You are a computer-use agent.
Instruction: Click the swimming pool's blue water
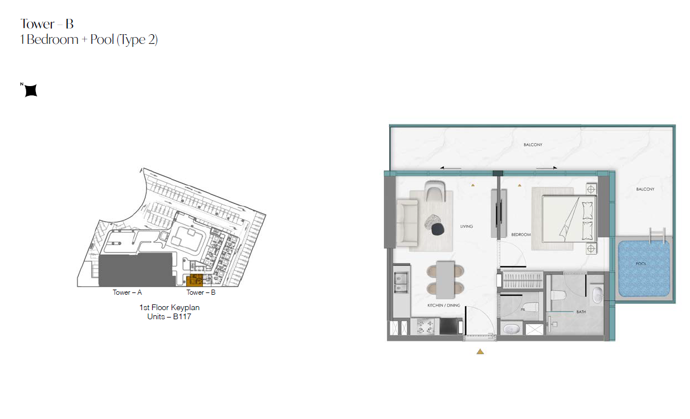(644, 269)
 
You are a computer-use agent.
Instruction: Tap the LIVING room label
(467, 226)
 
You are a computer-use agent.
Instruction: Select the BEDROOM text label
(521, 234)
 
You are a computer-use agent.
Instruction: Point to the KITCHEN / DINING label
(443, 306)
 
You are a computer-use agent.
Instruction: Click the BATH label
(581, 312)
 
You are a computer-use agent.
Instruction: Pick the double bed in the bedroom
(569, 218)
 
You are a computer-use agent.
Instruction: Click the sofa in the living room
(407, 223)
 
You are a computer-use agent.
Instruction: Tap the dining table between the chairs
(446, 280)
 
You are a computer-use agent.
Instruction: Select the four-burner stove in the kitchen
(425, 327)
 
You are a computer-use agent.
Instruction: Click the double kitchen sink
(401, 282)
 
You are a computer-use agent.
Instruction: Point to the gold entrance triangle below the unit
(480, 352)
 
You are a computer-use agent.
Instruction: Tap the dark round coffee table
(438, 229)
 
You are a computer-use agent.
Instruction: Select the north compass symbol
(31, 90)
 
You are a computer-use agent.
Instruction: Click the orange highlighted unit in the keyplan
(194, 280)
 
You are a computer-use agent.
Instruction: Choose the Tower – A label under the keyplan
(127, 292)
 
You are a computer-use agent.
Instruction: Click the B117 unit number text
(182, 317)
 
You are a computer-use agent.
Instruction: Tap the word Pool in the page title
(102, 39)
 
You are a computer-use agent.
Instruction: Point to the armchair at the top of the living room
(435, 191)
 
